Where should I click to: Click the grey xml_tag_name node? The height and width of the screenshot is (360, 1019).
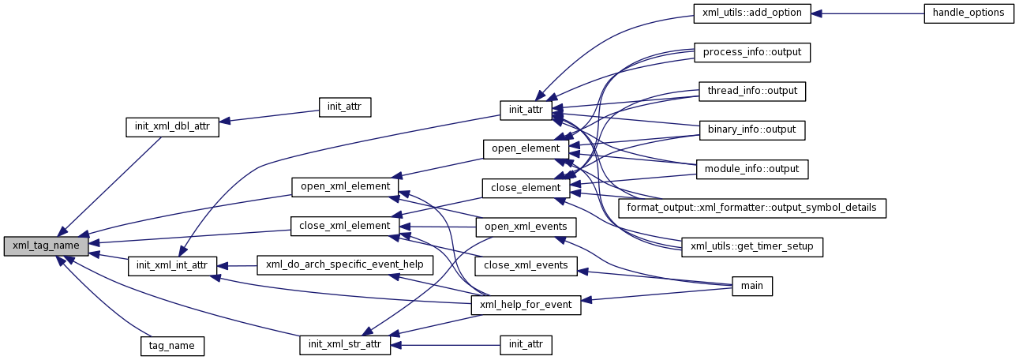coord(46,246)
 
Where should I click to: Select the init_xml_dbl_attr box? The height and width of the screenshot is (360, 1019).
coord(172,126)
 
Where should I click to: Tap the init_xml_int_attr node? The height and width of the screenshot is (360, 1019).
coord(172,265)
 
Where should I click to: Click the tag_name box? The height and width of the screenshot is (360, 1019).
coord(172,345)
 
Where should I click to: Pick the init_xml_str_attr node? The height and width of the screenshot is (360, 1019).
coord(345,345)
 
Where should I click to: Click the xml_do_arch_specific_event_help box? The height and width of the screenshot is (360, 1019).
coord(345,265)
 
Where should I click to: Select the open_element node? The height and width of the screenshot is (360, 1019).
coord(525,148)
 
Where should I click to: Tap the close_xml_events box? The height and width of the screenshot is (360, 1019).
coord(526,265)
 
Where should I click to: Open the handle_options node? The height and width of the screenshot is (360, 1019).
coord(968,13)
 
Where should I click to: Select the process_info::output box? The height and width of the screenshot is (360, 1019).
coord(752,52)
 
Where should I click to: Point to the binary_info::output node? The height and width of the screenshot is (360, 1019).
coord(752,129)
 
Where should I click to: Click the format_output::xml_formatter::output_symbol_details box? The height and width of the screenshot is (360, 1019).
coord(752,208)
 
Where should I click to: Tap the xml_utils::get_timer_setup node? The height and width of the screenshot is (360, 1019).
coord(752,247)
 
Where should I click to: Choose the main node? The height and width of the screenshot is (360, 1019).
coord(752,285)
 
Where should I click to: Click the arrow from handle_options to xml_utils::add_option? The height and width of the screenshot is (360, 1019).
coord(868,13)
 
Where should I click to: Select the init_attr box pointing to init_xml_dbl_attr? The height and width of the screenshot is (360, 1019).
coord(345,107)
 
